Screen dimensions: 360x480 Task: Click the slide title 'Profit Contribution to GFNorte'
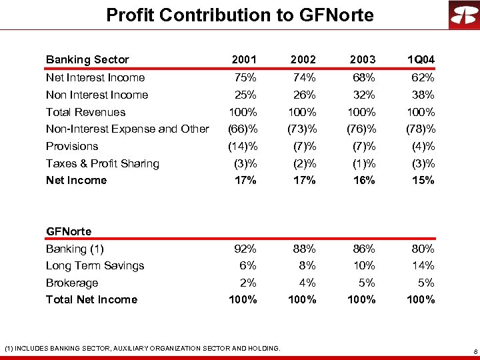click(x=240, y=15)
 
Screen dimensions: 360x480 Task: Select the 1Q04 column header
click(x=421, y=60)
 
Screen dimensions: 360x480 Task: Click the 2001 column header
click(x=243, y=60)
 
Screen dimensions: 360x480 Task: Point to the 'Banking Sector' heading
click(x=87, y=60)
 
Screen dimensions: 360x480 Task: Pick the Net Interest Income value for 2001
click(x=245, y=78)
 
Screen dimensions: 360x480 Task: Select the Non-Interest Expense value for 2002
click(x=301, y=129)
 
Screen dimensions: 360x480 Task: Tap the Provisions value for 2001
click(x=243, y=146)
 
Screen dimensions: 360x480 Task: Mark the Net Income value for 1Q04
click(x=422, y=180)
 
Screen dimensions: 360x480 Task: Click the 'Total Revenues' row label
click(x=85, y=112)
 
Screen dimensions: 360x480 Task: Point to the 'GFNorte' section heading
click(x=69, y=231)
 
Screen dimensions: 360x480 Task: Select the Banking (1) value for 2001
click(x=245, y=249)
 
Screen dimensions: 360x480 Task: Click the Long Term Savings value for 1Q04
click(x=423, y=265)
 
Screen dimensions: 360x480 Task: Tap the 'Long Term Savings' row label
click(x=95, y=265)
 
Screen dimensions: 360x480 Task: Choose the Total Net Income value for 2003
click(x=361, y=299)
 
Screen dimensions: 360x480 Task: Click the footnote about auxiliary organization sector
click(x=142, y=347)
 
